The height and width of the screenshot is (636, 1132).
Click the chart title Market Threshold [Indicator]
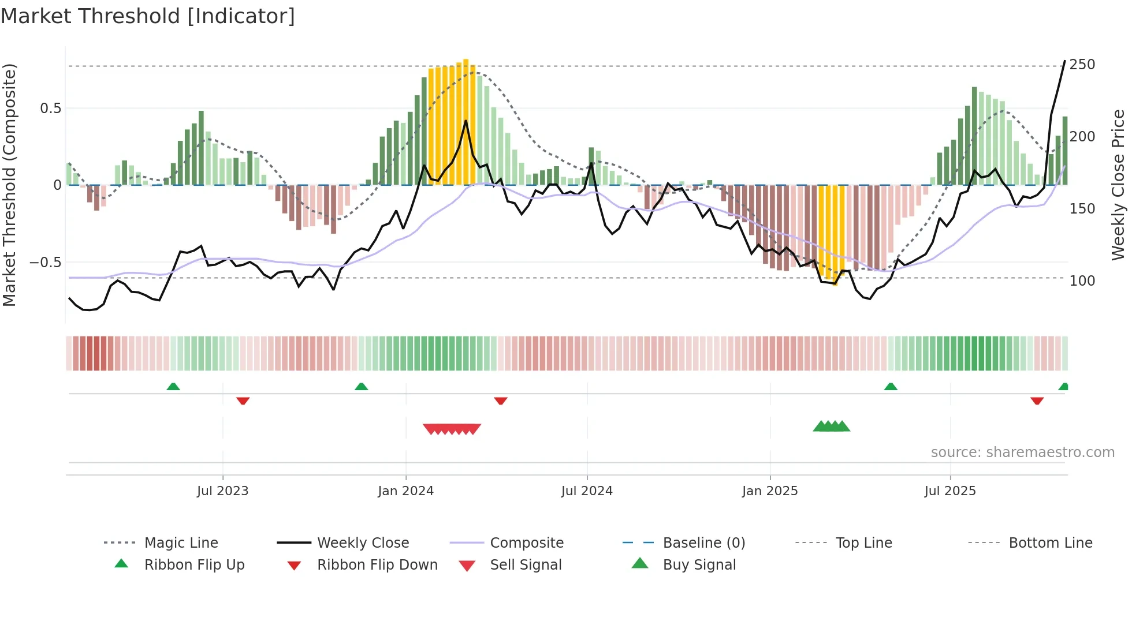tap(148, 16)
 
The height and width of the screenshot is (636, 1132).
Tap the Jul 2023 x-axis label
tap(222, 491)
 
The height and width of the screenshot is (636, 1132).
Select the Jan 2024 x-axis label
tap(405, 491)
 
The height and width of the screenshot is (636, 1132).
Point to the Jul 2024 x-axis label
tap(587, 491)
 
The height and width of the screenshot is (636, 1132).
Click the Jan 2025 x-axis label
tap(770, 491)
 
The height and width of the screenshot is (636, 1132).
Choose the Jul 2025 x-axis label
tap(950, 491)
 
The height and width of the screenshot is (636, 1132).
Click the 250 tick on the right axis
tap(1082, 64)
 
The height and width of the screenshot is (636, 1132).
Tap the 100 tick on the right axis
tap(1082, 281)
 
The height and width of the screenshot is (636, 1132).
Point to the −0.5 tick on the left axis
tap(45, 263)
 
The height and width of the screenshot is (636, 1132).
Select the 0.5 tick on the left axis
tap(50, 109)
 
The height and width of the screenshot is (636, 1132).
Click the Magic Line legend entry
tap(181, 543)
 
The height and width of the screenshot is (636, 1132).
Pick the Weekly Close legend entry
tap(363, 543)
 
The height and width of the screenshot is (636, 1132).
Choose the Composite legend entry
tap(527, 543)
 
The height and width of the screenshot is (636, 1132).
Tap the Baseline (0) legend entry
tap(703, 543)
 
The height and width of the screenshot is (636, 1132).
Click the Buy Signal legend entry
tap(699, 565)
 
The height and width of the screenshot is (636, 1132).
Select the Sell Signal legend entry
tap(526, 565)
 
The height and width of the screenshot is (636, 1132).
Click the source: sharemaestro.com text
tap(1022, 452)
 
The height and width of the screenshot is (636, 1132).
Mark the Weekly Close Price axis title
tap(1118, 185)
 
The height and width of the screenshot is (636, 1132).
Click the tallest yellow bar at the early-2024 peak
tap(466, 121)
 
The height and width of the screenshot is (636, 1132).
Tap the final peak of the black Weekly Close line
tap(1064, 61)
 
